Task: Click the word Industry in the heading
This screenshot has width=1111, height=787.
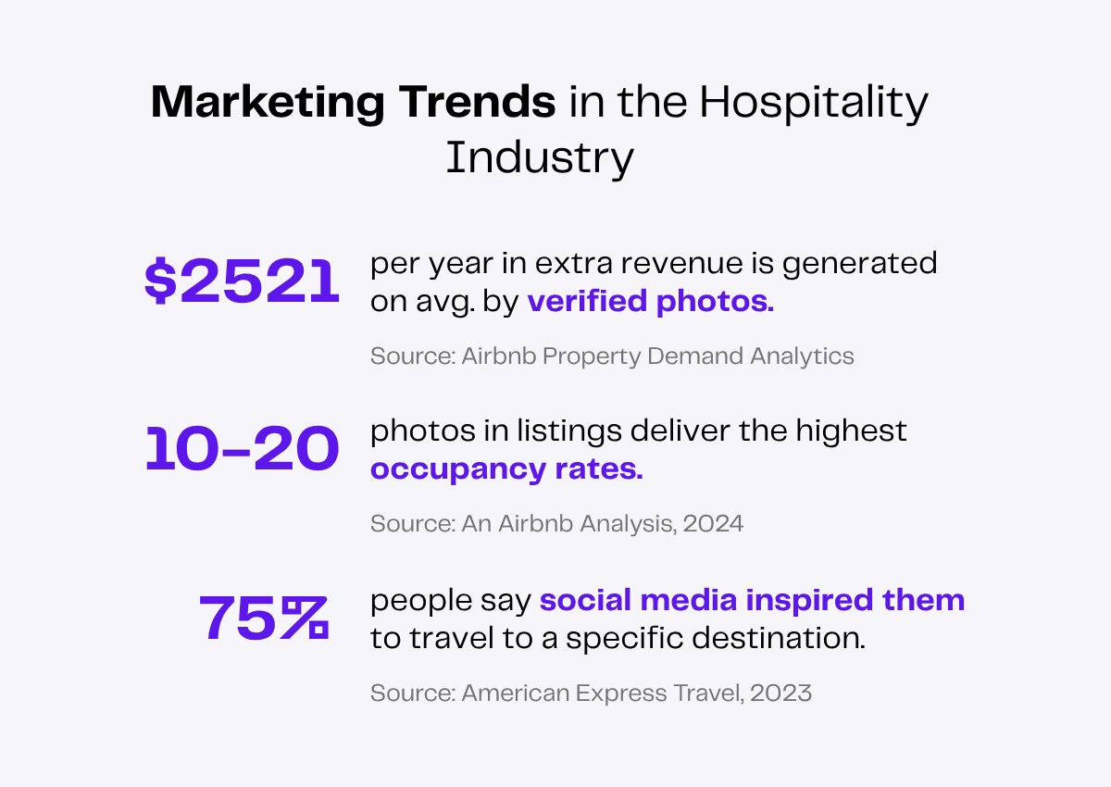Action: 540,157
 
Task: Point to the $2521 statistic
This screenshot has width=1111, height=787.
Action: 243,283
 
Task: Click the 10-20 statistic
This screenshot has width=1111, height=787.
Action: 243,451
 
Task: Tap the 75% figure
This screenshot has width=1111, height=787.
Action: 264,618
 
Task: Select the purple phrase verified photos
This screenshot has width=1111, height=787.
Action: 650,302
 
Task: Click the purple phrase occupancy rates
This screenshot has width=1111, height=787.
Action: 506,469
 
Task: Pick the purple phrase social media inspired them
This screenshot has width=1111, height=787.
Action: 752,600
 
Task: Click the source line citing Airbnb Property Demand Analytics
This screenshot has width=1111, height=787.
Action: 612,356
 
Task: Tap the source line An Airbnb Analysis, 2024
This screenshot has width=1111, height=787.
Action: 556,523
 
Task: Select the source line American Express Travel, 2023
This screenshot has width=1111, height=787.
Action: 591,693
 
